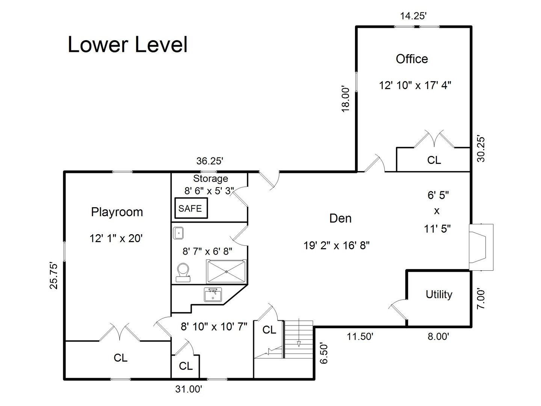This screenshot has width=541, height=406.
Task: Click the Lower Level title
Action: point(127,45)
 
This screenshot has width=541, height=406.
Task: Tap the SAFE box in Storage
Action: point(190,208)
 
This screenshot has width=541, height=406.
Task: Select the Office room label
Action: point(412,59)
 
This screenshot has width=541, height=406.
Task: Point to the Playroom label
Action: point(117,212)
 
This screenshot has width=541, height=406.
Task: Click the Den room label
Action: point(340,218)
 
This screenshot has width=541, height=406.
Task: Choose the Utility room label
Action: point(439,294)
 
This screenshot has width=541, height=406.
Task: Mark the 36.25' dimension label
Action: point(210,161)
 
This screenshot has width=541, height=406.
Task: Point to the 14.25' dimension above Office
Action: point(413,16)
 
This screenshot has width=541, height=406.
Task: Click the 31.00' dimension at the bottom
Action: point(189,389)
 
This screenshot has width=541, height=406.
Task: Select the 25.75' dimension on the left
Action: point(54,276)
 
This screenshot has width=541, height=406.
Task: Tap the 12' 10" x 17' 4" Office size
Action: point(415,85)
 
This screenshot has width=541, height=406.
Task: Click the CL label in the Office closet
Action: point(434,160)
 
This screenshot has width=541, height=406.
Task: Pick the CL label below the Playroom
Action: point(121,358)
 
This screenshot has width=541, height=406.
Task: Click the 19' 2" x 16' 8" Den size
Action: point(337,245)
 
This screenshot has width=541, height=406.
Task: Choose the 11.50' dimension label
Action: point(360,336)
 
